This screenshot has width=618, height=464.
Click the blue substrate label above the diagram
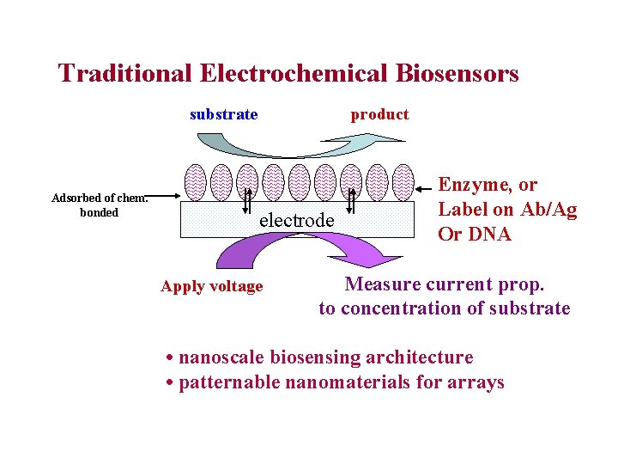tap(223, 114)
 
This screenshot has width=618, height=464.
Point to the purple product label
tap(379, 114)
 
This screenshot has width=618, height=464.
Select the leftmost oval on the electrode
tap(196, 182)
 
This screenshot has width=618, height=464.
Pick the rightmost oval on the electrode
tap(402, 182)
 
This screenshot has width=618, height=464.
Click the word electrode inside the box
tap(296, 220)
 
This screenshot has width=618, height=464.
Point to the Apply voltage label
tap(211, 286)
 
